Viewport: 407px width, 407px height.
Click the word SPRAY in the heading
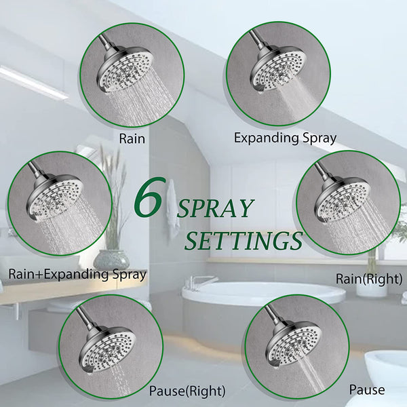tap(216, 208)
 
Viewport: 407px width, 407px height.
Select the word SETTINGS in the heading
tap(244, 239)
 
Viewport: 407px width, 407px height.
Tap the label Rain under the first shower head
tap(132, 138)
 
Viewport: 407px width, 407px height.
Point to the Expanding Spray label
tap(285, 138)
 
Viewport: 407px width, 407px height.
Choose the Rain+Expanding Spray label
tap(77, 275)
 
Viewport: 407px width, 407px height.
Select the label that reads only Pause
tap(366, 389)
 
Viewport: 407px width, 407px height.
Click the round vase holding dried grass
tap(111, 259)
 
